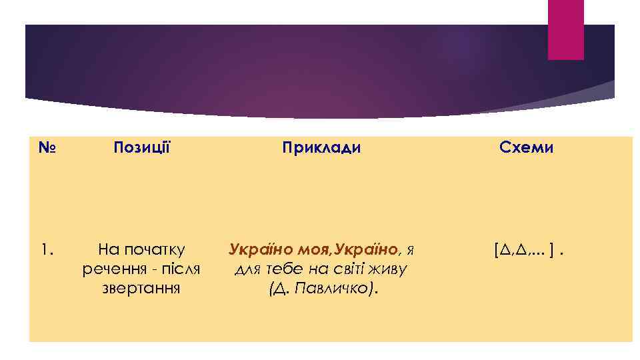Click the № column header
pos(46,147)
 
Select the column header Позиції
pos(142,147)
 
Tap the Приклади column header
pos(321,147)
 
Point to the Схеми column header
pos(527,147)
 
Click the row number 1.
pos(45,250)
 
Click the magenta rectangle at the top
pos(565,29)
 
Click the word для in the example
pos(247,269)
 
